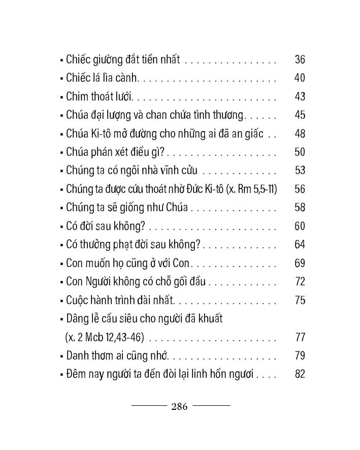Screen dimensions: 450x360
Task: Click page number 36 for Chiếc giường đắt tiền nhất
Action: (x=300, y=60)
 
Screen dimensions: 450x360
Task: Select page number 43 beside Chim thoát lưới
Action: (x=300, y=97)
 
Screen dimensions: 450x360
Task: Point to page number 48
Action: (x=300, y=134)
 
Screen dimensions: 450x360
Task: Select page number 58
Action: (x=300, y=208)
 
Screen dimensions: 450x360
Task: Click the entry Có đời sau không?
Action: (x=107, y=227)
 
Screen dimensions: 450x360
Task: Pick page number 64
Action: (x=300, y=245)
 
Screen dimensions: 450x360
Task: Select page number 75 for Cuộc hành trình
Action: (x=300, y=300)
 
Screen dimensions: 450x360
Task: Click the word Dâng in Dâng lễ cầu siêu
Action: (x=77, y=319)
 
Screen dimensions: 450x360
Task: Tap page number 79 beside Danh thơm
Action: (x=300, y=356)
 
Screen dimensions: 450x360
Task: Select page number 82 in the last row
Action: (x=300, y=374)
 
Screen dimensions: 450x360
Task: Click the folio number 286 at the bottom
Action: (x=180, y=406)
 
